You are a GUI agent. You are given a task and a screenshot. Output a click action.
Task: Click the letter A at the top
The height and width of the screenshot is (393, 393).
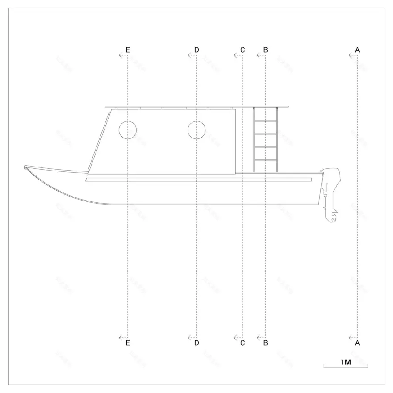click(x=357, y=49)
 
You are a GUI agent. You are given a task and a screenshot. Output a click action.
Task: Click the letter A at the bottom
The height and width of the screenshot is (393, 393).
click(x=357, y=343)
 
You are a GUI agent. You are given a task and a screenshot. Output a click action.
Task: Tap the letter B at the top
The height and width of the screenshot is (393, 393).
click(x=265, y=49)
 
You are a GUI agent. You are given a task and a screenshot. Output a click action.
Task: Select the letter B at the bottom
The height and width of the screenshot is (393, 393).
click(x=265, y=343)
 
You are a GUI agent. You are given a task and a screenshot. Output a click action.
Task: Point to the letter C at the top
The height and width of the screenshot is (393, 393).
click(x=242, y=49)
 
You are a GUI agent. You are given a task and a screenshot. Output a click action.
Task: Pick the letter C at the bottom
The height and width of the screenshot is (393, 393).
click(x=242, y=343)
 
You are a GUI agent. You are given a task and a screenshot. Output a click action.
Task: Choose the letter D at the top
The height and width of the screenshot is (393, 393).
click(x=196, y=49)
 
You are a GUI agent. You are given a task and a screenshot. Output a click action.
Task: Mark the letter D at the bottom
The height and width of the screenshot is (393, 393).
click(x=196, y=343)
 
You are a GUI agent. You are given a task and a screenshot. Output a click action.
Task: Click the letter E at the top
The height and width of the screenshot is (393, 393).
click(x=128, y=49)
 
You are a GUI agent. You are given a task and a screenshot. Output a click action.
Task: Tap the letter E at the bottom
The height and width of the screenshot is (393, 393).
click(x=128, y=343)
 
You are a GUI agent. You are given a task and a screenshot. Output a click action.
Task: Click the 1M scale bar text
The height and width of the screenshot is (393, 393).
click(x=346, y=362)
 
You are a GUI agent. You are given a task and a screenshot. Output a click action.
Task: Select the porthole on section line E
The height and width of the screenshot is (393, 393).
click(x=128, y=130)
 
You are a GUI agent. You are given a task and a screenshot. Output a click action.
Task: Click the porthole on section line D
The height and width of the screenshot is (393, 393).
click(x=196, y=130)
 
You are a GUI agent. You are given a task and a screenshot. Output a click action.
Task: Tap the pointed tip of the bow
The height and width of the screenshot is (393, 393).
click(x=25, y=167)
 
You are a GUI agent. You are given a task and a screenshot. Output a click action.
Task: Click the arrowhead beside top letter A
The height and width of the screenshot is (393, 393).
click(x=350, y=55)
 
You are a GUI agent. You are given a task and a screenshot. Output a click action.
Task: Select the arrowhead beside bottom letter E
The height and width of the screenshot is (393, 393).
click(x=121, y=338)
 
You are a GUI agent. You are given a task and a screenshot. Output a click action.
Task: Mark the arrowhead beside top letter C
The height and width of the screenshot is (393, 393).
click(x=235, y=55)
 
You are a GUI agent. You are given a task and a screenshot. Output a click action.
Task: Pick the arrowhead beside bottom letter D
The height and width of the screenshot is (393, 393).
click(x=189, y=338)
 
